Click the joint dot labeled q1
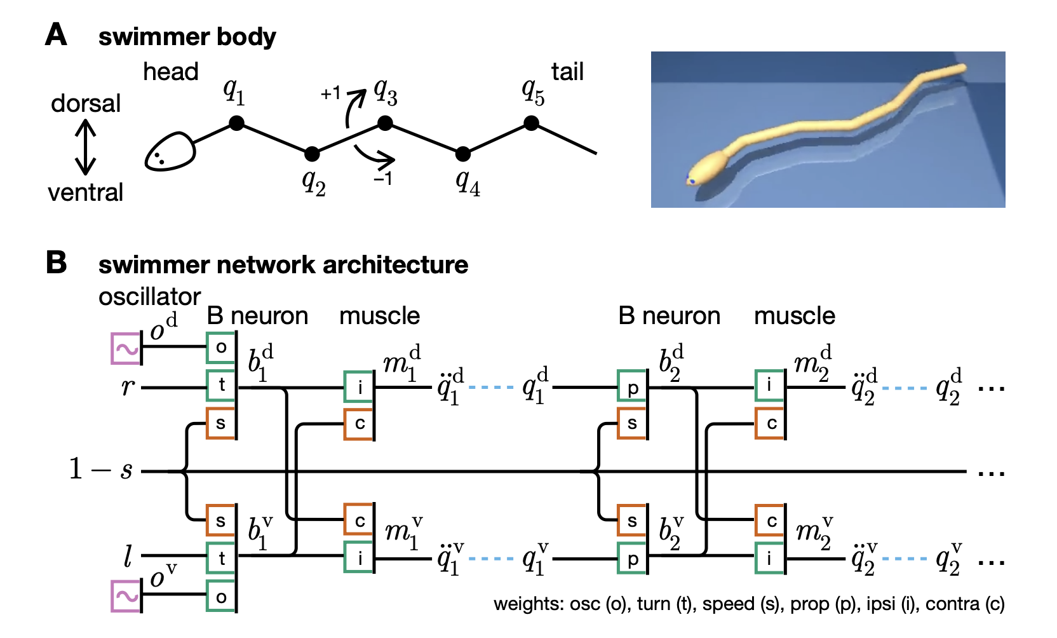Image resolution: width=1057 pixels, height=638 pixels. pos(236,123)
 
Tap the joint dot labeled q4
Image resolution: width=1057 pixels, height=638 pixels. pos(463,153)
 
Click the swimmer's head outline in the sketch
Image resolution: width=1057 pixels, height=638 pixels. pos(169,153)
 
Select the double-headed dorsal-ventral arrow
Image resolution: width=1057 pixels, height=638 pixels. pos(86,147)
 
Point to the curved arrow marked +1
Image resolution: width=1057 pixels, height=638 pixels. pos(354,107)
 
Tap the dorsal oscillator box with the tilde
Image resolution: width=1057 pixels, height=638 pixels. pos(126,349)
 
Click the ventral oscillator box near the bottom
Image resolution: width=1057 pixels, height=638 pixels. pos(126,596)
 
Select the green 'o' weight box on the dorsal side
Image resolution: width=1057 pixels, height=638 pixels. pos(221,347)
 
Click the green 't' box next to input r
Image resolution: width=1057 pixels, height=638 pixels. pos(221,384)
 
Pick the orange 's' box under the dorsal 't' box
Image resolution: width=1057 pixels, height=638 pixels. pos(221,423)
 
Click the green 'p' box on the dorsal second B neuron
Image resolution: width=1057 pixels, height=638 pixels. pos(632,388)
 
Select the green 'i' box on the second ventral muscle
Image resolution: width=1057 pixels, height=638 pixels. pos(769,558)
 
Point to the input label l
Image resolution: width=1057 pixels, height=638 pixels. pos(128,558)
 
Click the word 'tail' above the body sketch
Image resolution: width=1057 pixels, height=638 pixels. pos(567,72)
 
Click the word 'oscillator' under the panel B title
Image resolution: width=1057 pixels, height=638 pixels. pos(149,297)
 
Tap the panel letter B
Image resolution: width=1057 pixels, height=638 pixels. pos(57,262)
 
